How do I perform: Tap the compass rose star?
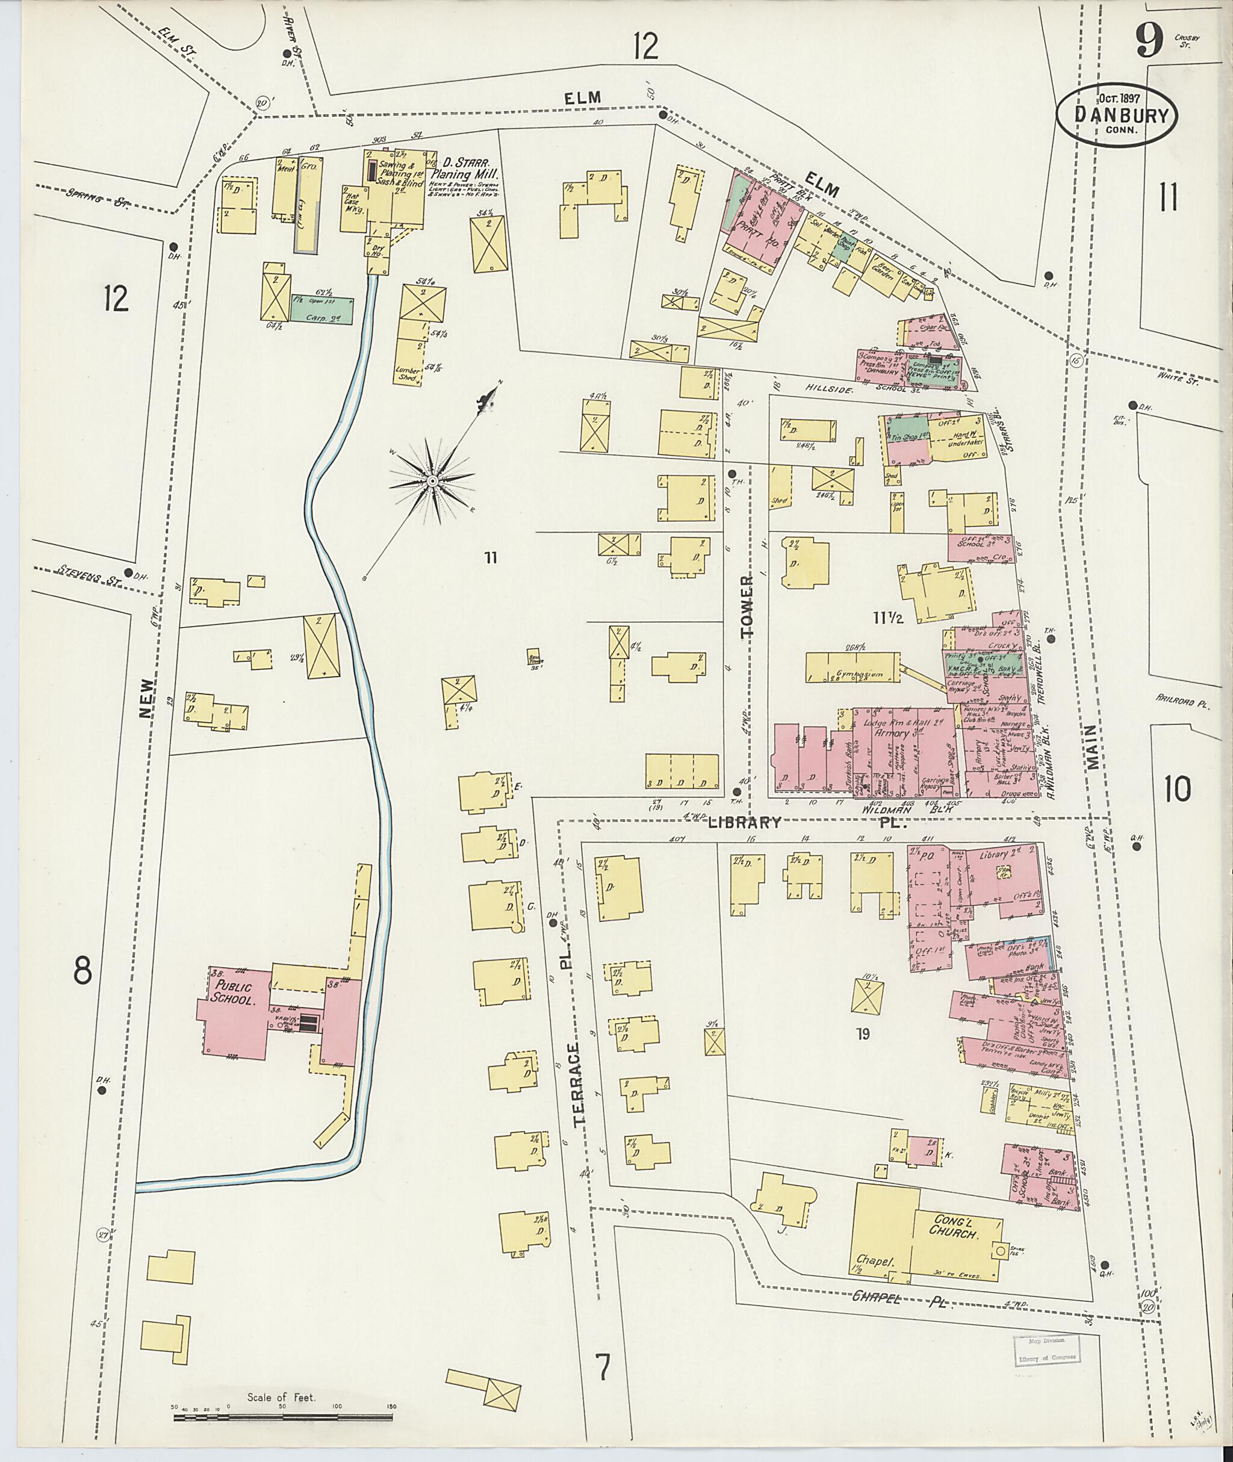click(433, 482)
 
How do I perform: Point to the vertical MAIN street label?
click(1093, 748)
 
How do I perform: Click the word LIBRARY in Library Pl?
click(746, 823)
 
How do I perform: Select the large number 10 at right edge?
click(1177, 790)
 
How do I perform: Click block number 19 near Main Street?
click(863, 1033)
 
